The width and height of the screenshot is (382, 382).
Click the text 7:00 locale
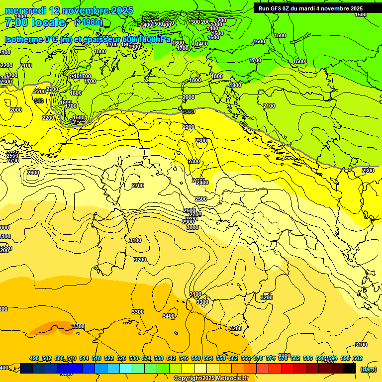point(35,22)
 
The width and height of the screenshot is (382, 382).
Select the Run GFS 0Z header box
point(310,8)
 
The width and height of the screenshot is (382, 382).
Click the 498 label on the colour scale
point(34,358)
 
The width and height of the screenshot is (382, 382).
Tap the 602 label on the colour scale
point(357,358)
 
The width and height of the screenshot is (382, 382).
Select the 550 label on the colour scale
point(196,358)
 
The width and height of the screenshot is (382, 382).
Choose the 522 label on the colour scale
point(109,358)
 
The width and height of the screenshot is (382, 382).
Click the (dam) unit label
point(368,369)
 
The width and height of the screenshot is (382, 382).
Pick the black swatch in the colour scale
point(350,369)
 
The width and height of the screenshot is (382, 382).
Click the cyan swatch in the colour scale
point(126,369)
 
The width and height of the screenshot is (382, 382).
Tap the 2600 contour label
point(33,173)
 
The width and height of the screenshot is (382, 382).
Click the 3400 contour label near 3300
point(169,316)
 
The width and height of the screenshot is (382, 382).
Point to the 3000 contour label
point(192,227)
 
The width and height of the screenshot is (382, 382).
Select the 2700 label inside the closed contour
point(138,186)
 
